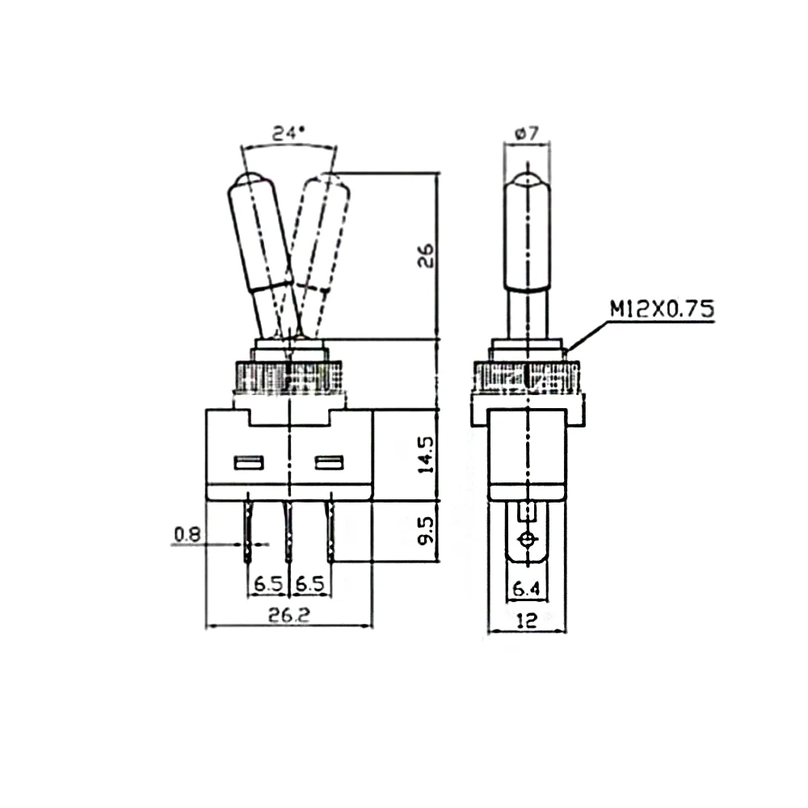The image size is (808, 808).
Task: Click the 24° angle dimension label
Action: (288, 133)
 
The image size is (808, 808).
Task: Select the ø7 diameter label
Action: (527, 135)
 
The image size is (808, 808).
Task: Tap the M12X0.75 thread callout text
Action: (663, 309)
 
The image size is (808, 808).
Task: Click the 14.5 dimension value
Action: (427, 454)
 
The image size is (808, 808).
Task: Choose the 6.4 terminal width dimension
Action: (526, 589)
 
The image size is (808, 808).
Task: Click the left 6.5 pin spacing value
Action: (267, 583)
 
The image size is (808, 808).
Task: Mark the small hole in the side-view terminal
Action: (527, 539)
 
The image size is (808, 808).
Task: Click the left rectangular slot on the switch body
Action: (248, 463)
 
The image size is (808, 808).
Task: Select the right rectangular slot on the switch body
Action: (329, 463)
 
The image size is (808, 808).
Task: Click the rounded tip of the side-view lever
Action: (527, 181)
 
